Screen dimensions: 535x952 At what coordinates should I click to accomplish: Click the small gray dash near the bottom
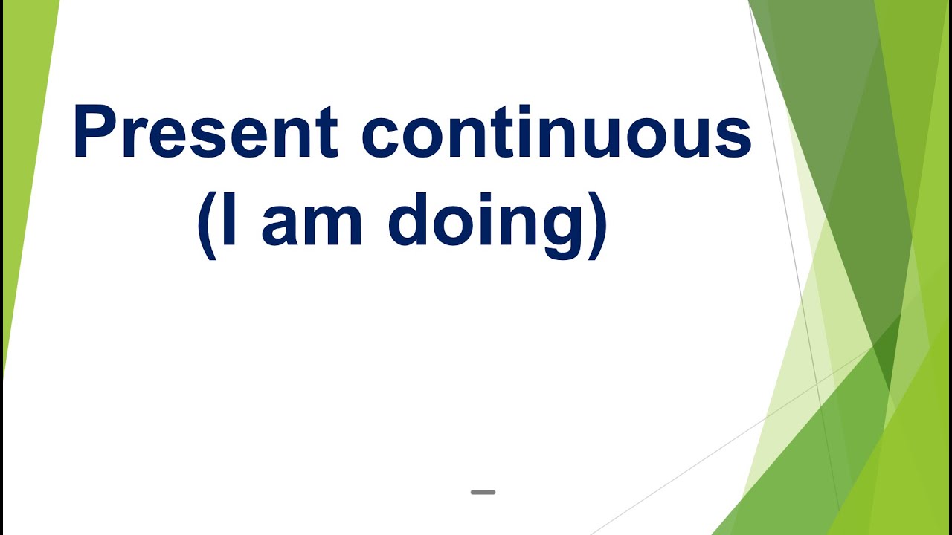click(x=483, y=492)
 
